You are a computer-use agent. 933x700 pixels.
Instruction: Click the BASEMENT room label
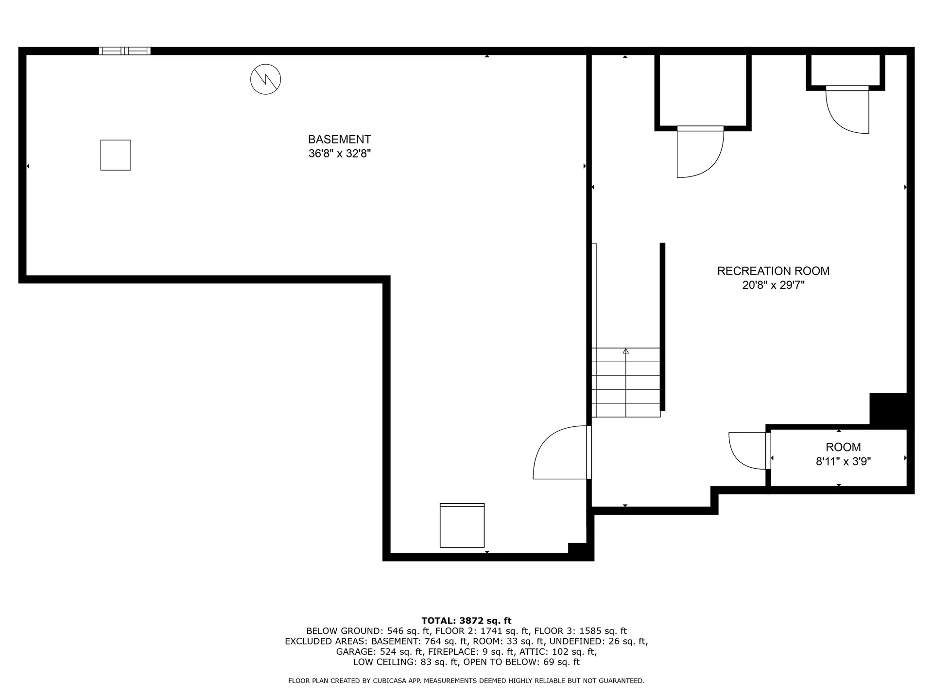tap(340, 140)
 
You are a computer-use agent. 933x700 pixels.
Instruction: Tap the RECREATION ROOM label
tap(773, 271)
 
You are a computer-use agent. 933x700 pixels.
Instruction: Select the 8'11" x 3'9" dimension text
tap(843, 461)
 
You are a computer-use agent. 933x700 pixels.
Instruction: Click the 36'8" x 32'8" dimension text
tap(340, 154)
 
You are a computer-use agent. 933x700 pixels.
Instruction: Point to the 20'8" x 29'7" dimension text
tap(773, 285)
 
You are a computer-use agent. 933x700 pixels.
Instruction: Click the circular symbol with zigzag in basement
tap(265, 79)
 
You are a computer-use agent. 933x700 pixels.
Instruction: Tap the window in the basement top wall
tap(125, 51)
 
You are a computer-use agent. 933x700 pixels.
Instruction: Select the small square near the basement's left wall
tap(116, 155)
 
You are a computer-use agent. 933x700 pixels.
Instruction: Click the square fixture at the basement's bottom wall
tap(462, 525)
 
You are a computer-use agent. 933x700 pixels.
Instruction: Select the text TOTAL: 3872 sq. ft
tap(466, 620)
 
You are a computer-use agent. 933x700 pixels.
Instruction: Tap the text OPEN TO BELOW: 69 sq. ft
tap(521, 662)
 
